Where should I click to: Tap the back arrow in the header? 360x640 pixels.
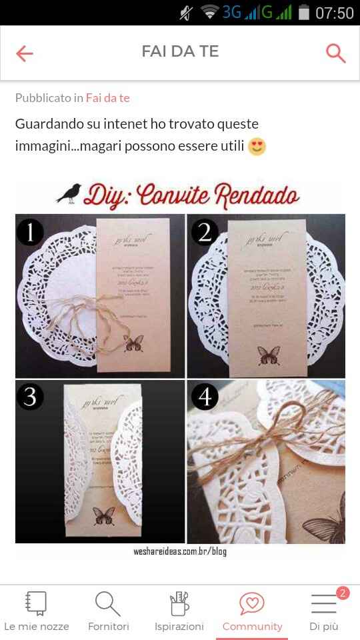click(x=25, y=53)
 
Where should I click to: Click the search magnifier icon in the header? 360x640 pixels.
click(x=335, y=53)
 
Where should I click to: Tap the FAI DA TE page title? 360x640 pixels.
click(x=180, y=52)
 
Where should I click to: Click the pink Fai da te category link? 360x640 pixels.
click(x=107, y=98)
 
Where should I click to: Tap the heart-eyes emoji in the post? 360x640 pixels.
click(x=257, y=146)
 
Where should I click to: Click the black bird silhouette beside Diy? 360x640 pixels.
click(x=69, y=194)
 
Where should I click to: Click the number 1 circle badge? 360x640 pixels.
click(x=30, y=232)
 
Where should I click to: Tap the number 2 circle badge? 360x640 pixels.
click(x=205, y=232)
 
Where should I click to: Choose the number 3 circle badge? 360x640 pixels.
click(x=30, y=397)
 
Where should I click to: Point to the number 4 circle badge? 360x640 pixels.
click(x=205, y=397)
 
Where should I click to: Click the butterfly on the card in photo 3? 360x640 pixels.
click(x=103, y=516)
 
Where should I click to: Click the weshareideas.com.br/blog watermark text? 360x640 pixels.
click(x=180, y=552)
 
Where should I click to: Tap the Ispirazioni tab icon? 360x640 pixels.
click(x=179, y=604)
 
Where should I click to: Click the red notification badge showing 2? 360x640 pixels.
click(x=343, y=593)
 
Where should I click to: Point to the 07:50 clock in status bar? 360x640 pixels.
click(x=334, y=13)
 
